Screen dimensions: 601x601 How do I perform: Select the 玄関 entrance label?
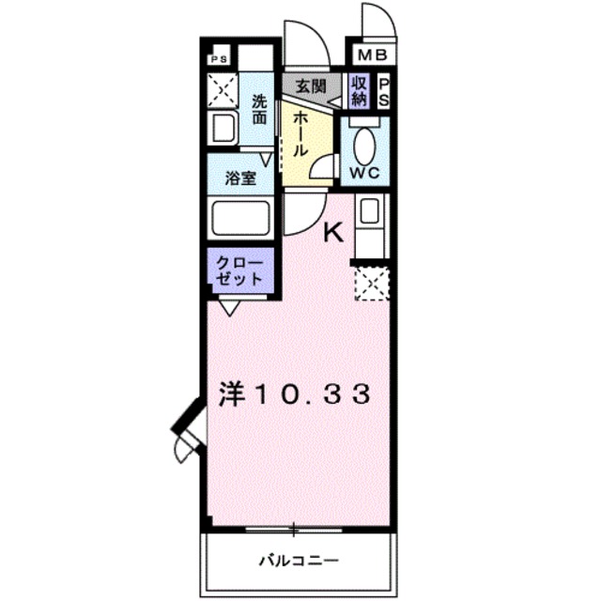click(310, 86)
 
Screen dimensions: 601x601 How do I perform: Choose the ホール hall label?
click(299, 134)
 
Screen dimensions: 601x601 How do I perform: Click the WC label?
click(366, 173)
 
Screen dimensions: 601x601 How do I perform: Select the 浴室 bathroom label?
click(240, 179)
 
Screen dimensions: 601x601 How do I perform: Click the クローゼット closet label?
click(241, 270)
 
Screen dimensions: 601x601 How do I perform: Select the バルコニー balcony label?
click(299, 561)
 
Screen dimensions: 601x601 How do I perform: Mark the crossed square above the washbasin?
click(224, 89)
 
